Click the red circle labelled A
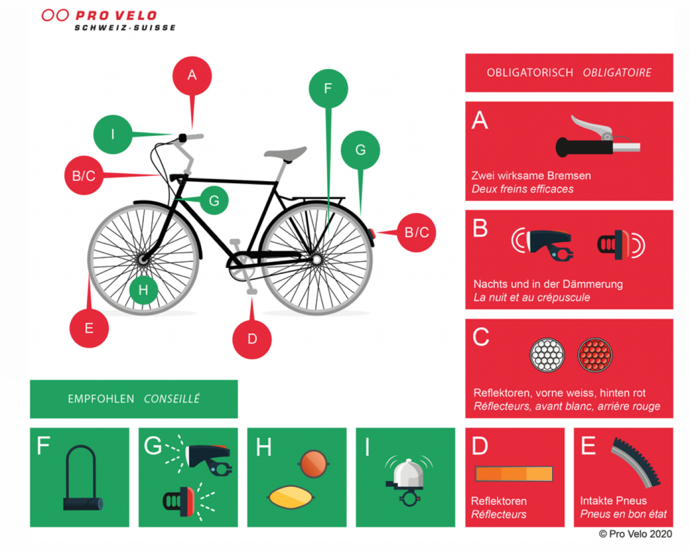point(192,76)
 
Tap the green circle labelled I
point(113,134)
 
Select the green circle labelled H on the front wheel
point(143,290)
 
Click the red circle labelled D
point(252,339)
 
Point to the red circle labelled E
point(89,328)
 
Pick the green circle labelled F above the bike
point(328,88)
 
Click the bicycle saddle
point(286,154)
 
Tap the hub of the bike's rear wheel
point(317,260)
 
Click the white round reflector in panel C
point(547,355)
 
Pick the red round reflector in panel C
point(595,355)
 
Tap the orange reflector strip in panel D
point(514,474)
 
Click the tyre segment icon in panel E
point(636,463)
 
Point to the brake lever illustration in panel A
point(598,138)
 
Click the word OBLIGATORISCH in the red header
point(530,73)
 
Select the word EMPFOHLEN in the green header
point(101,399)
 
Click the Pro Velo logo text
point(116,16)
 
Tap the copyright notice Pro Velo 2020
point(636,534)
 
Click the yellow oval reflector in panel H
point(290,497)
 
